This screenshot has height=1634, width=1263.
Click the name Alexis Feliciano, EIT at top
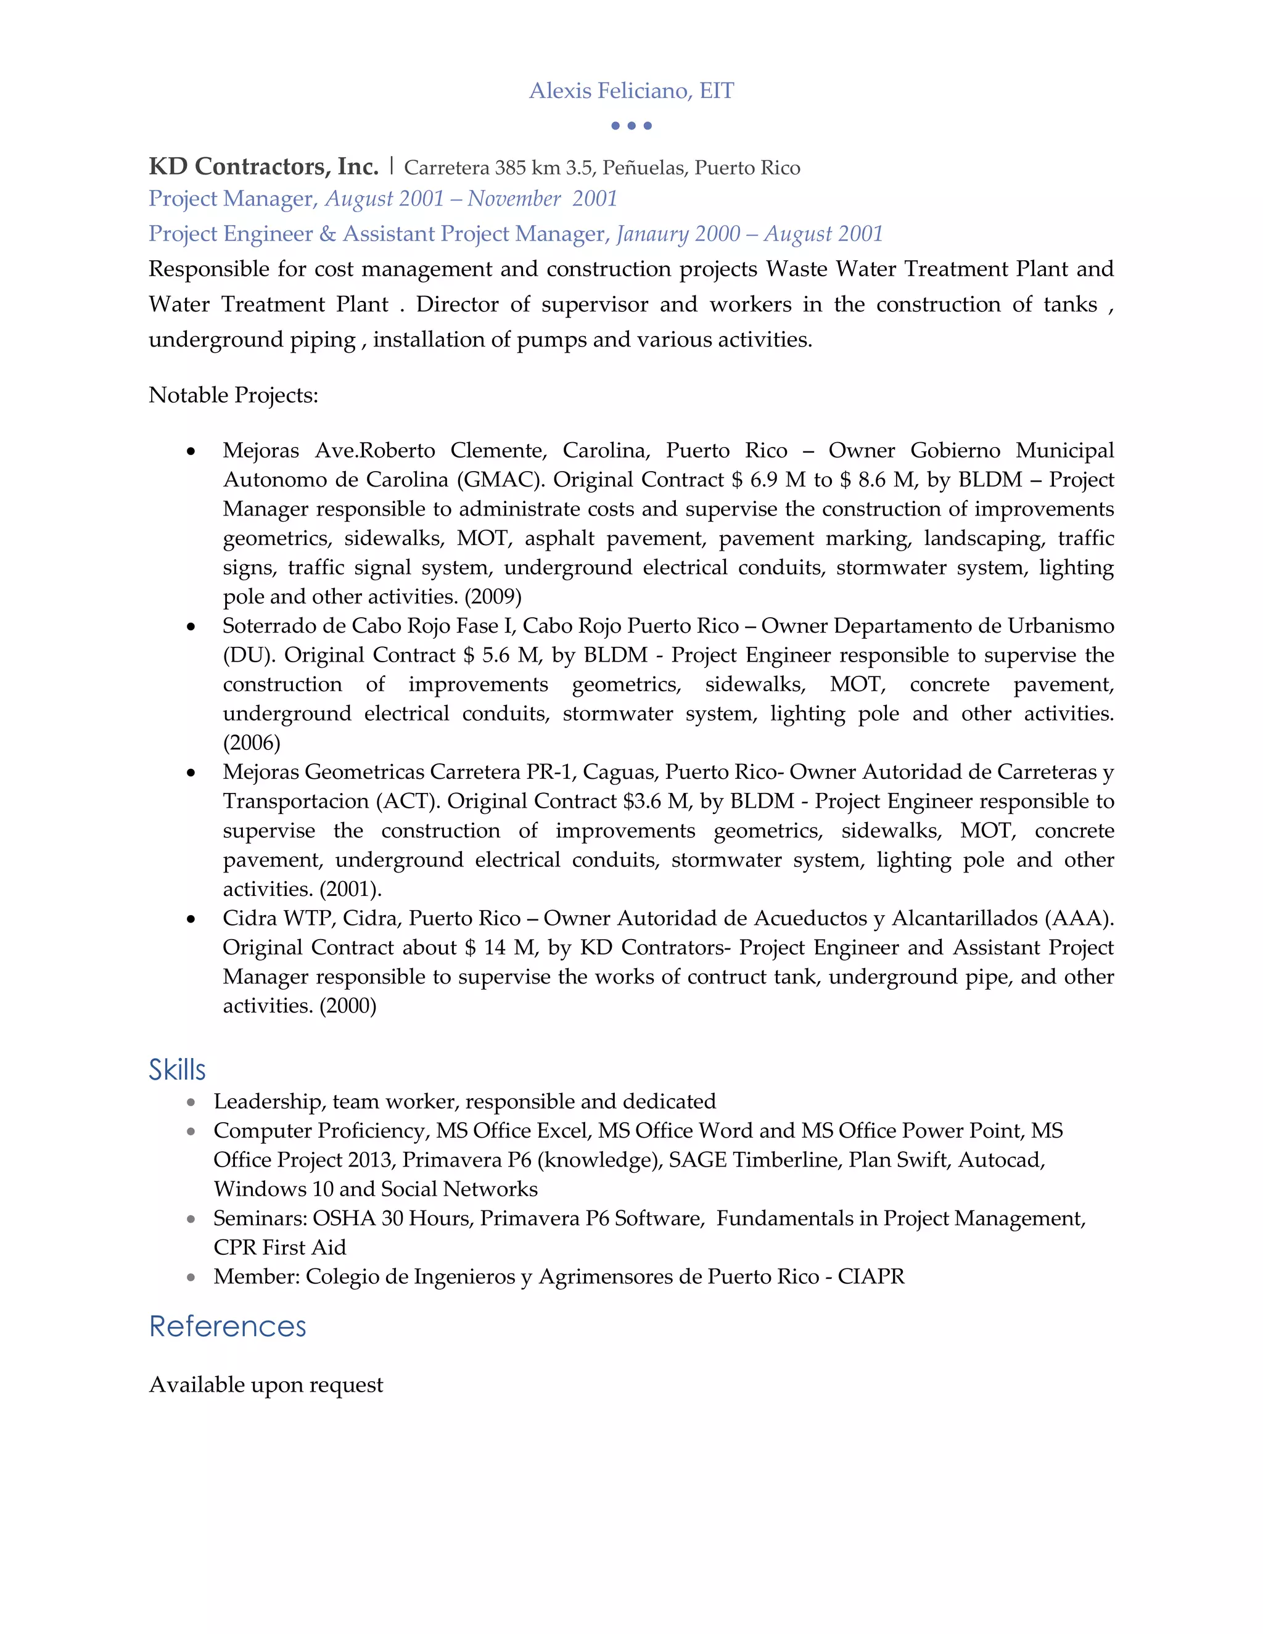pos(631,91)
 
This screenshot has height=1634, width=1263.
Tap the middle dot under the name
pos(631,126)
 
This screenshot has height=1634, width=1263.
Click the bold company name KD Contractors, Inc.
pos(263,166)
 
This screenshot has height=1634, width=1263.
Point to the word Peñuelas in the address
pos(644,168)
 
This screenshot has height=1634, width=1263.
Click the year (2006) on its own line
pos(252,742)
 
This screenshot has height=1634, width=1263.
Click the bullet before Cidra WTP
pos(192,919)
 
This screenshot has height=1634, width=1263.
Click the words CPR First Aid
pos(279,1247)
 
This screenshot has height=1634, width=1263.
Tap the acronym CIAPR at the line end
pos(871,1276)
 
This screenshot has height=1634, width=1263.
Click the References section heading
pos(228,1326)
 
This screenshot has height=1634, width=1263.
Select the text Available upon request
pos(266,1385)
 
